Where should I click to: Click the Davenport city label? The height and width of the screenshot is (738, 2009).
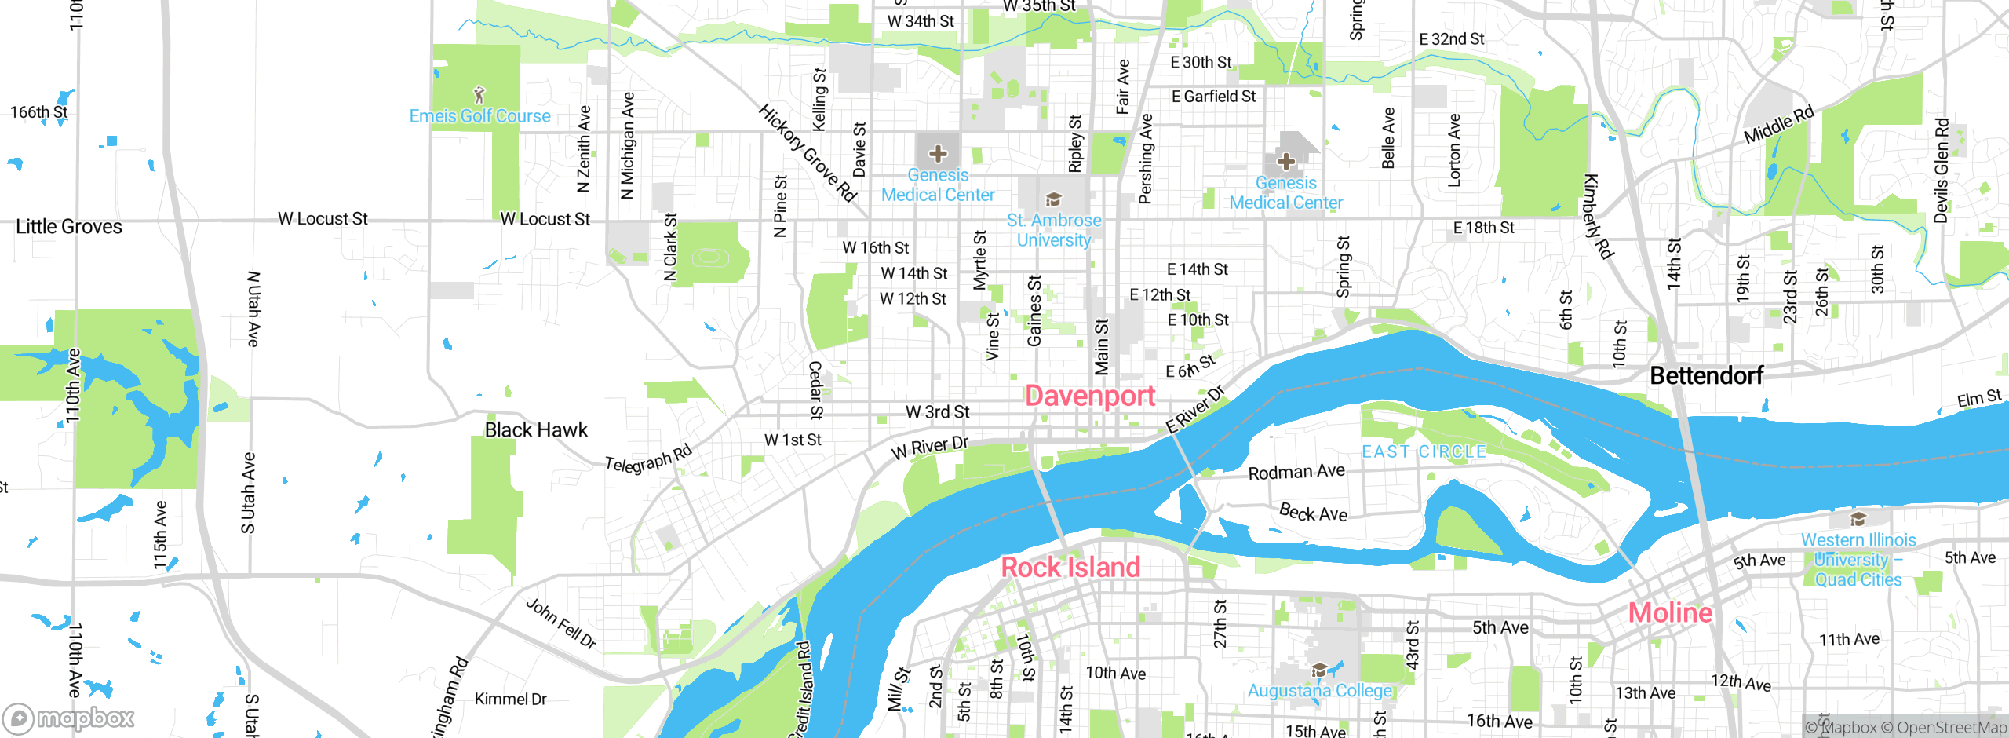point(1090,396)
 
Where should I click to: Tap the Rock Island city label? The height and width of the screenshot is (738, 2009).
point(1070,567)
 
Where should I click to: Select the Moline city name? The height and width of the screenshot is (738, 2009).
point(1670,612)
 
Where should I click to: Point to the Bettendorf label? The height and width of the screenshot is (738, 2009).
point(1706,375)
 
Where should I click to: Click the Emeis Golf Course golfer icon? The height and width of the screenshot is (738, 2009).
point(479,95)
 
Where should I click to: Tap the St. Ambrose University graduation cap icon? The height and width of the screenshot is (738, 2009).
point(1054,199)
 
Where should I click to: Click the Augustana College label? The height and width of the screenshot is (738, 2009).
point(1320,690)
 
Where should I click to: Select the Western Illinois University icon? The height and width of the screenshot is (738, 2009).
point(1858,519)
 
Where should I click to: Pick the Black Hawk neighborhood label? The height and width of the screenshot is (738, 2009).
point(536,429)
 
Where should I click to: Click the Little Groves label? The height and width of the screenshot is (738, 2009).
point(69,227)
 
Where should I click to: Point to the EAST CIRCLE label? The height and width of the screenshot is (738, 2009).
point(1424,451)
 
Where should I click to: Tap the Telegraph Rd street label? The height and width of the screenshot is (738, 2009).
point(648,459)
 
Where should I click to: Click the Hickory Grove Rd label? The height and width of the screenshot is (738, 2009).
point(807,152)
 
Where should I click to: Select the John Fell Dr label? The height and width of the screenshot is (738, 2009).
point(561,623)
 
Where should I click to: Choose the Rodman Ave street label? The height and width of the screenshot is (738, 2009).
point(1296,472)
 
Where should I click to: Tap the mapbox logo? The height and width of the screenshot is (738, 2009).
point(69,718)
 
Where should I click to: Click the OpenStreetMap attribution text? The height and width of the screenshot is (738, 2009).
point(1952,728)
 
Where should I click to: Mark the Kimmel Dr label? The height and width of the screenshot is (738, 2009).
point(510,699)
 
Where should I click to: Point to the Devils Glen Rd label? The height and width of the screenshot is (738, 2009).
point(1941,170)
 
